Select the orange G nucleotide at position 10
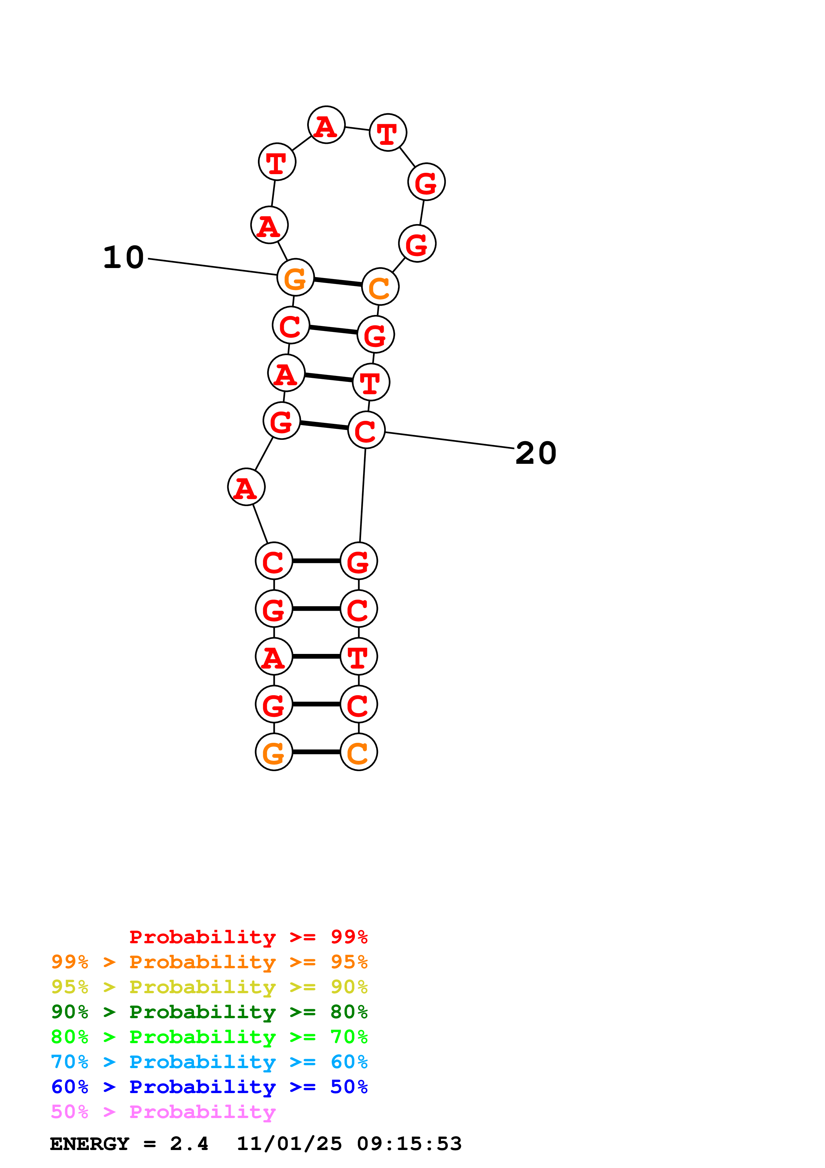295,277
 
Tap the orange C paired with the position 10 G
380,287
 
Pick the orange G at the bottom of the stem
274,752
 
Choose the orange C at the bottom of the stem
358,752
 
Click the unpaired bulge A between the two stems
246,487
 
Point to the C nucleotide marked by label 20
366,431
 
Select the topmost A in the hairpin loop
326,125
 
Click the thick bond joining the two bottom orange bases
316,752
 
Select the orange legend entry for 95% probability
209,962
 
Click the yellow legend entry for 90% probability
209,987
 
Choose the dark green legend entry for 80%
209,1012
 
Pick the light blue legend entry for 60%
209,1062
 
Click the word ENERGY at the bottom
90,1144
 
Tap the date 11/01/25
289,1144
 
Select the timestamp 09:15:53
409,1144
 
